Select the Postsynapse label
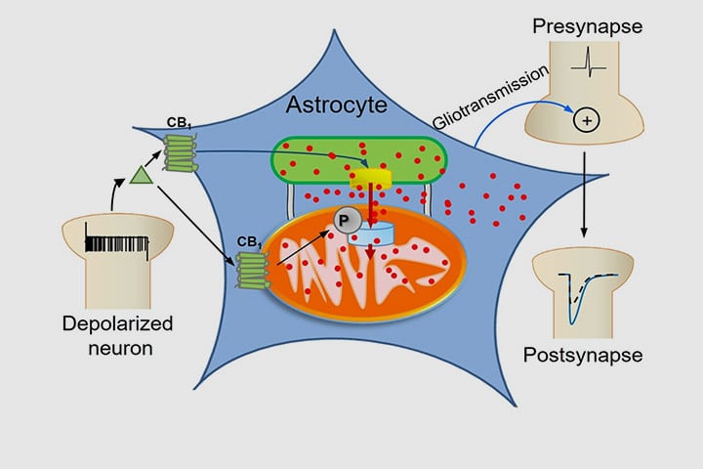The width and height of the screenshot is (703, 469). coord(584,355)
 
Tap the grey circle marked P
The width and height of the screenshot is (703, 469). coord(342,222)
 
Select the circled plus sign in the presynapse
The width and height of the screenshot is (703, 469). coord(586,120)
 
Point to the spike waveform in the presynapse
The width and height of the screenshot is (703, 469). coord(588,68)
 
